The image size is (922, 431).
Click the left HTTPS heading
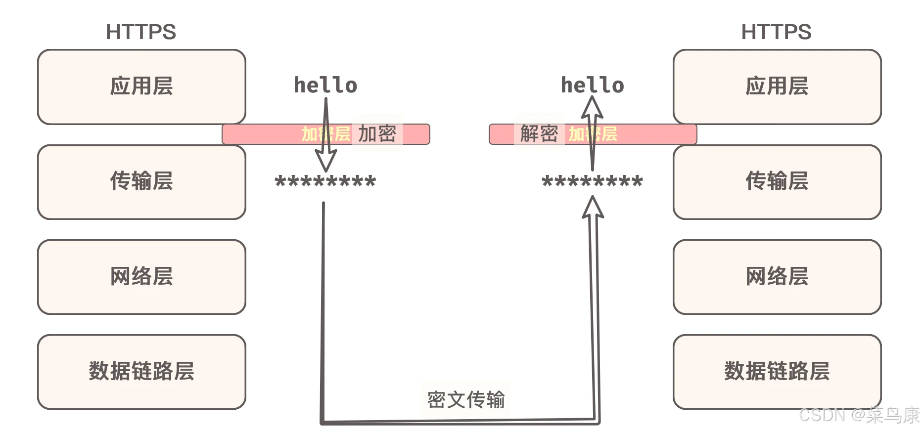pyautogui.click(x=141, y=32)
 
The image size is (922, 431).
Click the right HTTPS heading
pyautogui.click(x=776, y=32)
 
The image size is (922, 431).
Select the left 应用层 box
pyautogui.click(x=141, y=86)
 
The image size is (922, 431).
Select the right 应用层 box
pyautogui.click(x=777, y=86)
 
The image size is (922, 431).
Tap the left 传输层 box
pyautogui.click(x=141, y=181)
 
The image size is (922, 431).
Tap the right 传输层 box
pyautogui.click(x=777, y=181)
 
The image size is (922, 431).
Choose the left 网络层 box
pyautogui.click(x=141, y=277)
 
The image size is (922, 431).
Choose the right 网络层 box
pyautogui.click(x=777, y=277)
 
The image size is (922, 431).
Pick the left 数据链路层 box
pyautogui.click(x=141, y=372)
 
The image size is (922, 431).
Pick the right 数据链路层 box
pyautogui.click(x=777, y=372)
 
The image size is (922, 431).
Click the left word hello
pyautogui.click(x=325, y=86)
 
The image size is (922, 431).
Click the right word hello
pyautogui.click(x=592, y=86)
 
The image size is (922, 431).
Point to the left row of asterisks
pyautogui.click(x=325, y=182)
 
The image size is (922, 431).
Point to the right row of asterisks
pyautogui.click(x=592, y=182)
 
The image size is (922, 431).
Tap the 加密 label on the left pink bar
pyautogui.click(x=377, y=134)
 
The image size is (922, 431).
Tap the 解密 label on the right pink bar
pyautogui.click(x=539, y=134)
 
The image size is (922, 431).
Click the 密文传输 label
pyautogui.click(x=466, y=400)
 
